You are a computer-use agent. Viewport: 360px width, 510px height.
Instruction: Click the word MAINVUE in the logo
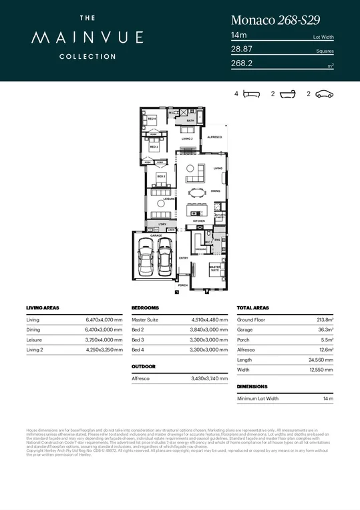click(x=73, y=39)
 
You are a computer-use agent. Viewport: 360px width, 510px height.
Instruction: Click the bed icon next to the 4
click(x=251, y=94)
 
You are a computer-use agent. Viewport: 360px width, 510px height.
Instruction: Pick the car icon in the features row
click(x=324, y=94)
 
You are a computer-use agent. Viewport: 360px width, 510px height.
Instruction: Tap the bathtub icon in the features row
click(x=287, y=94)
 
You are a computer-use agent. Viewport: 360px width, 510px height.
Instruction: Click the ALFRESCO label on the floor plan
click(x=214, y=136)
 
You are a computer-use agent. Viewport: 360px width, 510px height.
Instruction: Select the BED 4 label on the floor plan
click(x=152, y=119)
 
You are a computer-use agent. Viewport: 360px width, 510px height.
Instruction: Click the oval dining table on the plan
click(x=198, y=193)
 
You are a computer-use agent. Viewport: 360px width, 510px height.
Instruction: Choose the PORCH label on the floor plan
click(x=182, y=285)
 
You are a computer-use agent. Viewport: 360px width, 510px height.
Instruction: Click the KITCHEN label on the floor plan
click(x=198, y=221)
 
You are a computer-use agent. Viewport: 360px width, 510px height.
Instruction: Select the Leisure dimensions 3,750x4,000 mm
click(x=104, y=340)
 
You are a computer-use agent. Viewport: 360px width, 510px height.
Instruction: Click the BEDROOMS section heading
click(x=145, y=308)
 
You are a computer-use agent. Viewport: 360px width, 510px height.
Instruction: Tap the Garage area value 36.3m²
click(x=325, y=330)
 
